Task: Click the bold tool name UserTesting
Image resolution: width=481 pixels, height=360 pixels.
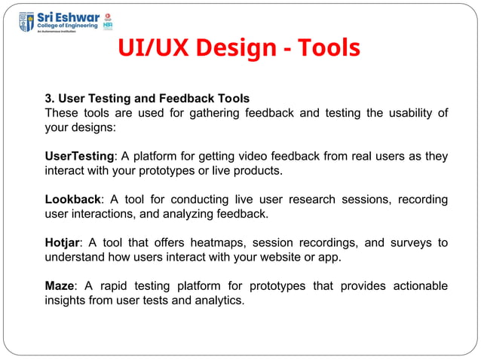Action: pos(80,157)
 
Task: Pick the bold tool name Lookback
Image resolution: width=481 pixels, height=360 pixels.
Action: pos(72,200)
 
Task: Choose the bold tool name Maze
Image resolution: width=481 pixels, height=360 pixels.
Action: pos(59,286)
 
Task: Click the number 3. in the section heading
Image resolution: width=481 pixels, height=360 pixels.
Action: pos(50,99)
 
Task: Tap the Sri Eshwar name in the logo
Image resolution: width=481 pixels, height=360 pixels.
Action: pos(68,15)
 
